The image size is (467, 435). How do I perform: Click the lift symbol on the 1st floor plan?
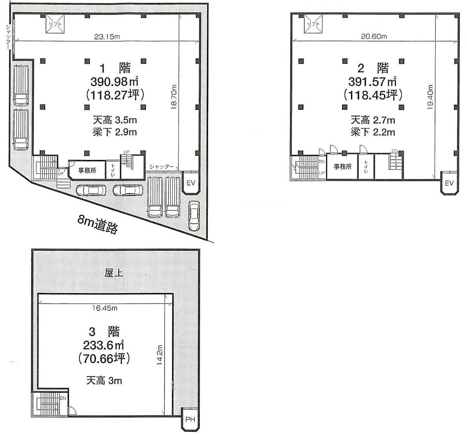pos(55,24)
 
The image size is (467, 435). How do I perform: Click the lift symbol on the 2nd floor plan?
pos(313,24)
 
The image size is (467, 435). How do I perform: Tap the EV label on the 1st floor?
pos(191,183)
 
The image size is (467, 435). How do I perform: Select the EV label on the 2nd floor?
pos(449,183)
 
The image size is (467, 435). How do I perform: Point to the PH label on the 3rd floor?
pos(190,419)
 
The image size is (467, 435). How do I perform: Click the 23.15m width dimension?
pos(107,37)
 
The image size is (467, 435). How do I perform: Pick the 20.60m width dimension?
pos(374,37)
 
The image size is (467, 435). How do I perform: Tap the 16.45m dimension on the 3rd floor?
pos(105,308)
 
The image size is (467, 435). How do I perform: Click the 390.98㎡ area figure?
pos(114,82)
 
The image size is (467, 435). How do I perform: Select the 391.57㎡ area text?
pos(372,82)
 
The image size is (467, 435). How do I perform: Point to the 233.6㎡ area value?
pos(104,345)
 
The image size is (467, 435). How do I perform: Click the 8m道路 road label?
pos(98,225)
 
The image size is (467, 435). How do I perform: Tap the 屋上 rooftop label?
pos(114,273)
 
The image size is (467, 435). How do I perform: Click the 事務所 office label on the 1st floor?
pos(87,171)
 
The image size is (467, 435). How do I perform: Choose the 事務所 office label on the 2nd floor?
pos(342,167)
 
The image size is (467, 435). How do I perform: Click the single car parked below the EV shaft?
pos(194,216)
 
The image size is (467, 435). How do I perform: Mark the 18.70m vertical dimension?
pos(174,97)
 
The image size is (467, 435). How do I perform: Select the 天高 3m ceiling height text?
pos(104,380)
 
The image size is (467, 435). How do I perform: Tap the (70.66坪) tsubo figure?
pos(104,359)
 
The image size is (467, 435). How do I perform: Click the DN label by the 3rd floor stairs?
pos(63,398)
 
